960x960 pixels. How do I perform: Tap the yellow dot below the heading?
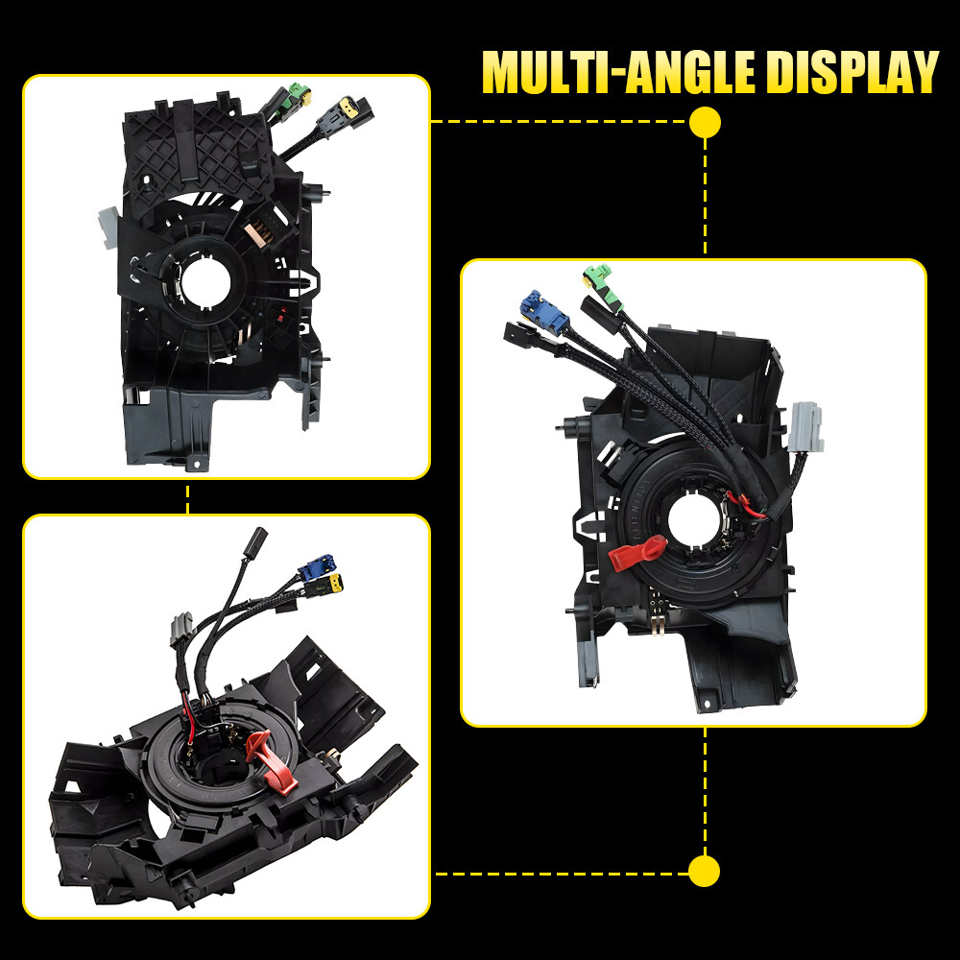click(705, 122)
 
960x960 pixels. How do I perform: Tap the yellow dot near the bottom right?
click(704, 871)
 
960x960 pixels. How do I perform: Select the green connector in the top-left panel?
click(300, 94)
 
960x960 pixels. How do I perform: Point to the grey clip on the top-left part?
click(109, 228)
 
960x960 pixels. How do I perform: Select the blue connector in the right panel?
click(543, 310)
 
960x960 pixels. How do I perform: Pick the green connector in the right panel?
click(603, 285)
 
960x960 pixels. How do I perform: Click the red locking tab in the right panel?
click(637, 553)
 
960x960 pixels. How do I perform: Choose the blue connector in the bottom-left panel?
click(317, 567)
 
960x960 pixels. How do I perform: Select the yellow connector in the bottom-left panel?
click(334, 584)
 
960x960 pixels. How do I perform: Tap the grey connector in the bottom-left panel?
click(181, 630)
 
